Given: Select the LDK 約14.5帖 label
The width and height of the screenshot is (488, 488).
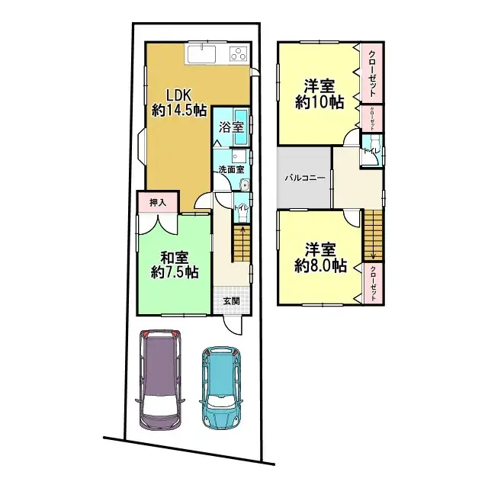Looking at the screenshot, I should click(179, 103).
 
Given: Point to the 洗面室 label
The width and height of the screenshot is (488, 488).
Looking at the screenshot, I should click(230, 169).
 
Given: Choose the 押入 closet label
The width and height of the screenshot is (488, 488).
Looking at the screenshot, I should click(158, 203).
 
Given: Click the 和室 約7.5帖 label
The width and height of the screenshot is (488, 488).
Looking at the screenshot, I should click(174, 265).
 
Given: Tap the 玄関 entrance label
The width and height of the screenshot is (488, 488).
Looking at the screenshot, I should click(231, 300).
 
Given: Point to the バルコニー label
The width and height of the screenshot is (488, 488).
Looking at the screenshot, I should click(305, 177).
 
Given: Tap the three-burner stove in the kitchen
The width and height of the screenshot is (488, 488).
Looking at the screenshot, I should click(238, 54).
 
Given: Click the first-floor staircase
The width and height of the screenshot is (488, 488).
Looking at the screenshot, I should click(241, 244).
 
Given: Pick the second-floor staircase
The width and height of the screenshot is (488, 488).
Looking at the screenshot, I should click(371, 236).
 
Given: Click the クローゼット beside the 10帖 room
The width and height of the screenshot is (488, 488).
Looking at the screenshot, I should click(371, 72).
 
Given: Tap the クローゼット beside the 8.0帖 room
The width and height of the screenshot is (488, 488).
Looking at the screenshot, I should click(372, 283).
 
